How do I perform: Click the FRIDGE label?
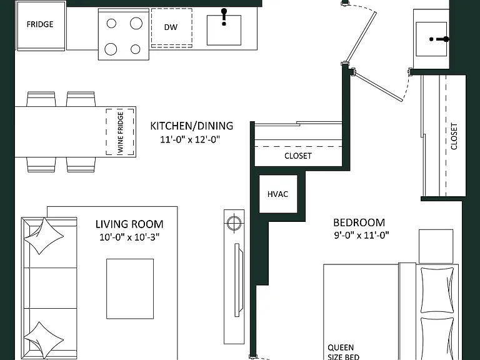point(40,24)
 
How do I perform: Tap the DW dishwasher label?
point(171,27)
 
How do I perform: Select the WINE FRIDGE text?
point(120,132)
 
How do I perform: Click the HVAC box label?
point(277,194)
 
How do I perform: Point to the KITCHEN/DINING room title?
point(192,126)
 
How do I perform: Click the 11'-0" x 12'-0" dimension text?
point(190,139)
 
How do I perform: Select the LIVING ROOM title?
point(129,224)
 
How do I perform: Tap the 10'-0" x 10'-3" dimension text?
point(129,237)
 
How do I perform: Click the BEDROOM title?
point(359,222)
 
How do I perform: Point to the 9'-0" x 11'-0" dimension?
point(361,235)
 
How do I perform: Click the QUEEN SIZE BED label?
point(342,352)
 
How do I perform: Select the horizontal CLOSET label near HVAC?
point(298,156)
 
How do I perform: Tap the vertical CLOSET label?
point(454,136)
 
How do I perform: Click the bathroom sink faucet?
point(440,39)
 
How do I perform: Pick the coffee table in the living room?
point(130,289)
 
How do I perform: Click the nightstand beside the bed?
point(436,246)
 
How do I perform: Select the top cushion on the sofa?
point(44,236)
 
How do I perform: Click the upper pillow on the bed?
point(437,290)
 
